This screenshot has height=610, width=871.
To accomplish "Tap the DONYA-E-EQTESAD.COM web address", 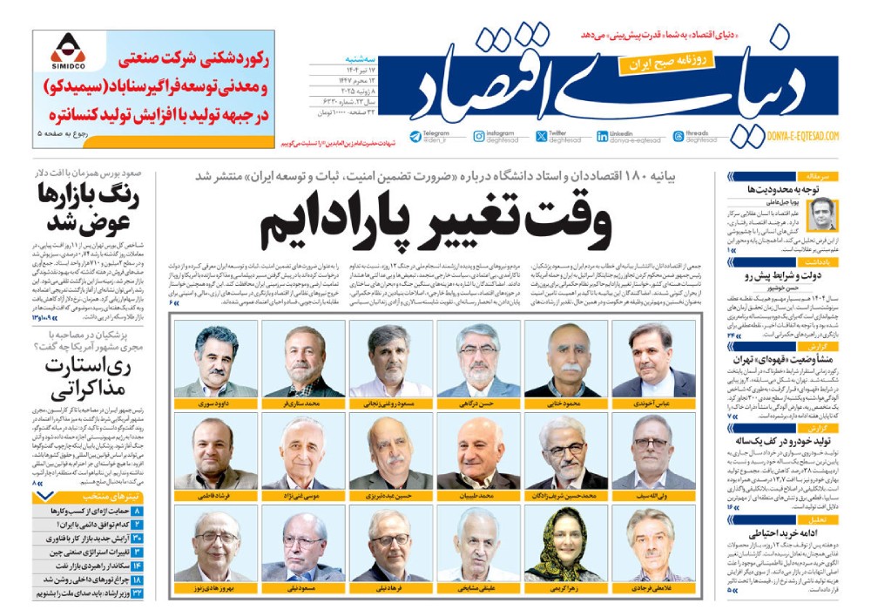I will coord(802,136).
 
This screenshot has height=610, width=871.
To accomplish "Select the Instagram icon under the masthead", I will coord(479,136).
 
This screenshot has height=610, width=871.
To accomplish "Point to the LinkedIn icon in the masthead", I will coord(603,136).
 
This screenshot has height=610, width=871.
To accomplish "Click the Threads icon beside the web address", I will coord(679,136).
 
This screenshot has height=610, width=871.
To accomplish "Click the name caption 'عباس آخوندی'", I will coord(652,405).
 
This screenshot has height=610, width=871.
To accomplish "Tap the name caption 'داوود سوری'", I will coord(215,405).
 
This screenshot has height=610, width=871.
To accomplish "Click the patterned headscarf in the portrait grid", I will coord(565,545).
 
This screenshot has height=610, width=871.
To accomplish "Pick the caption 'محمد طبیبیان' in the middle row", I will coord(477,494).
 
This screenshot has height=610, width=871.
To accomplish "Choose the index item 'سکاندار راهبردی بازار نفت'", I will coord(83,566).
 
